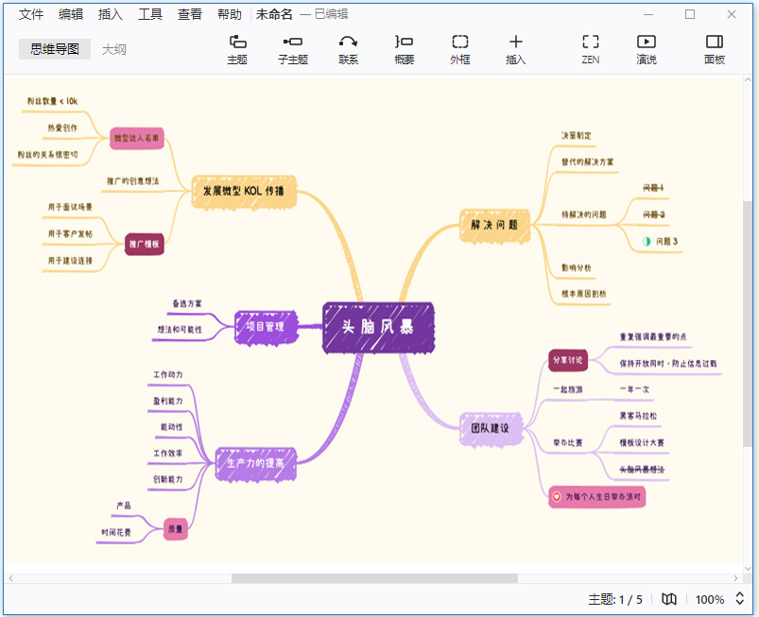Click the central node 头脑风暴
[x=378, y=328]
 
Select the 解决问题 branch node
[x=493, y=225]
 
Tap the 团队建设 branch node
[x=490, y=428]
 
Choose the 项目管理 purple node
[x=266, y=326]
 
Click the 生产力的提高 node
[x=255, y=463]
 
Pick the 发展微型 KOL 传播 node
[x=244, y=191]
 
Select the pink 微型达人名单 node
[x=137, y=138]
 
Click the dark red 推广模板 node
[x=144, y=244]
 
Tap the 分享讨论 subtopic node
[x=567, y=360]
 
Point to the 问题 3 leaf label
[x=666, y=242]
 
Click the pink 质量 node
[x=175, y=529]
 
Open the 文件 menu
[x=31, y=14]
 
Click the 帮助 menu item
[x=229, y=14]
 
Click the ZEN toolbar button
[x=591, y=49]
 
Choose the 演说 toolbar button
[x=647, y=49]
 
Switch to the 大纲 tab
[x=114, y=49]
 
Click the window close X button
[x=732, y=14]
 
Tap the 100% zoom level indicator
[x=710, y=599]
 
